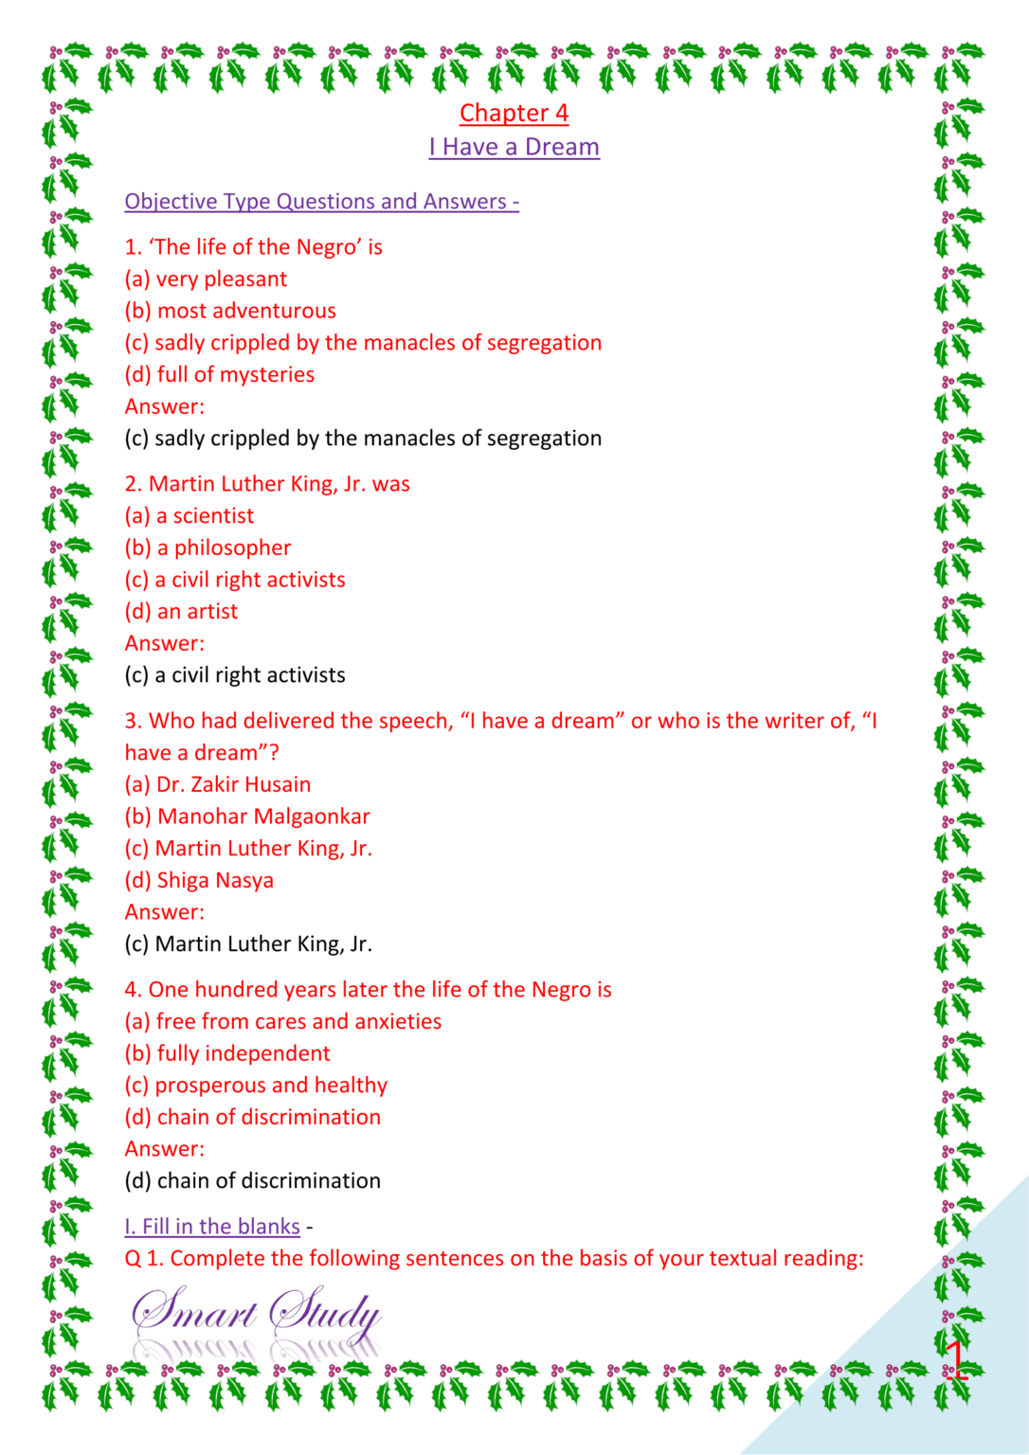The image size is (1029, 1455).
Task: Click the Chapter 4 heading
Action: pyautogui.click(x=514, y=113)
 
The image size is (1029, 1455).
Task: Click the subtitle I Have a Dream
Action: pyautogui.click(x=514, y=147)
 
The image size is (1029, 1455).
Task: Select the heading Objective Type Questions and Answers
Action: pyautogui.click(x=321, y=201)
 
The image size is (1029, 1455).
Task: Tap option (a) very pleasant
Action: pyautogui.click(x=206, y=278)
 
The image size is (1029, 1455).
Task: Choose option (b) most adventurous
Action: pyautogui.click(x=230, y=311)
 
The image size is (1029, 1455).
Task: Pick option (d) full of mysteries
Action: pyautogui.click(x=219, y=374)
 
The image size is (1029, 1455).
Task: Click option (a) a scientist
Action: pyautogui.click(x=190, y=515)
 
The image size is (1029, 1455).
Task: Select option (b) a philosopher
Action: pyautogui.click(x=208, y=548)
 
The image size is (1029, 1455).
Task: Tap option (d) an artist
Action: pyautogui.click(x=181, y=611)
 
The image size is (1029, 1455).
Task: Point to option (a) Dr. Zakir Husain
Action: pyautogui.click(x=218, y=784)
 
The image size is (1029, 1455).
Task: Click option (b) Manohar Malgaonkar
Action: pyautogui.click(x=247, y=817)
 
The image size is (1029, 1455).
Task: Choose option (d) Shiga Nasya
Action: pyautogui.click(x=199, y=880)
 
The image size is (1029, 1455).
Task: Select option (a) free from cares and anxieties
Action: pyautogui.click(x=283, y=1021)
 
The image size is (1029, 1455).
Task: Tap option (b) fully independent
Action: pyautogui.click(x=227, y=1053)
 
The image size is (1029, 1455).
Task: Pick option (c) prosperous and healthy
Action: pyautogui.click(x=256, y=1085)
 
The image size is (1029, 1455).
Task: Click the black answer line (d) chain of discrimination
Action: pyautogui.click(x=252, y=1180)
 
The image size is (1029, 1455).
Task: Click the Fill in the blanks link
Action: pyautogui.click(x=212, y=1226)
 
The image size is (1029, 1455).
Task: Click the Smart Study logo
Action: pyautogui.click(x=256, y=1317)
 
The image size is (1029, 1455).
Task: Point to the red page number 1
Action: pyautogui.click(x=956, y=1358)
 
